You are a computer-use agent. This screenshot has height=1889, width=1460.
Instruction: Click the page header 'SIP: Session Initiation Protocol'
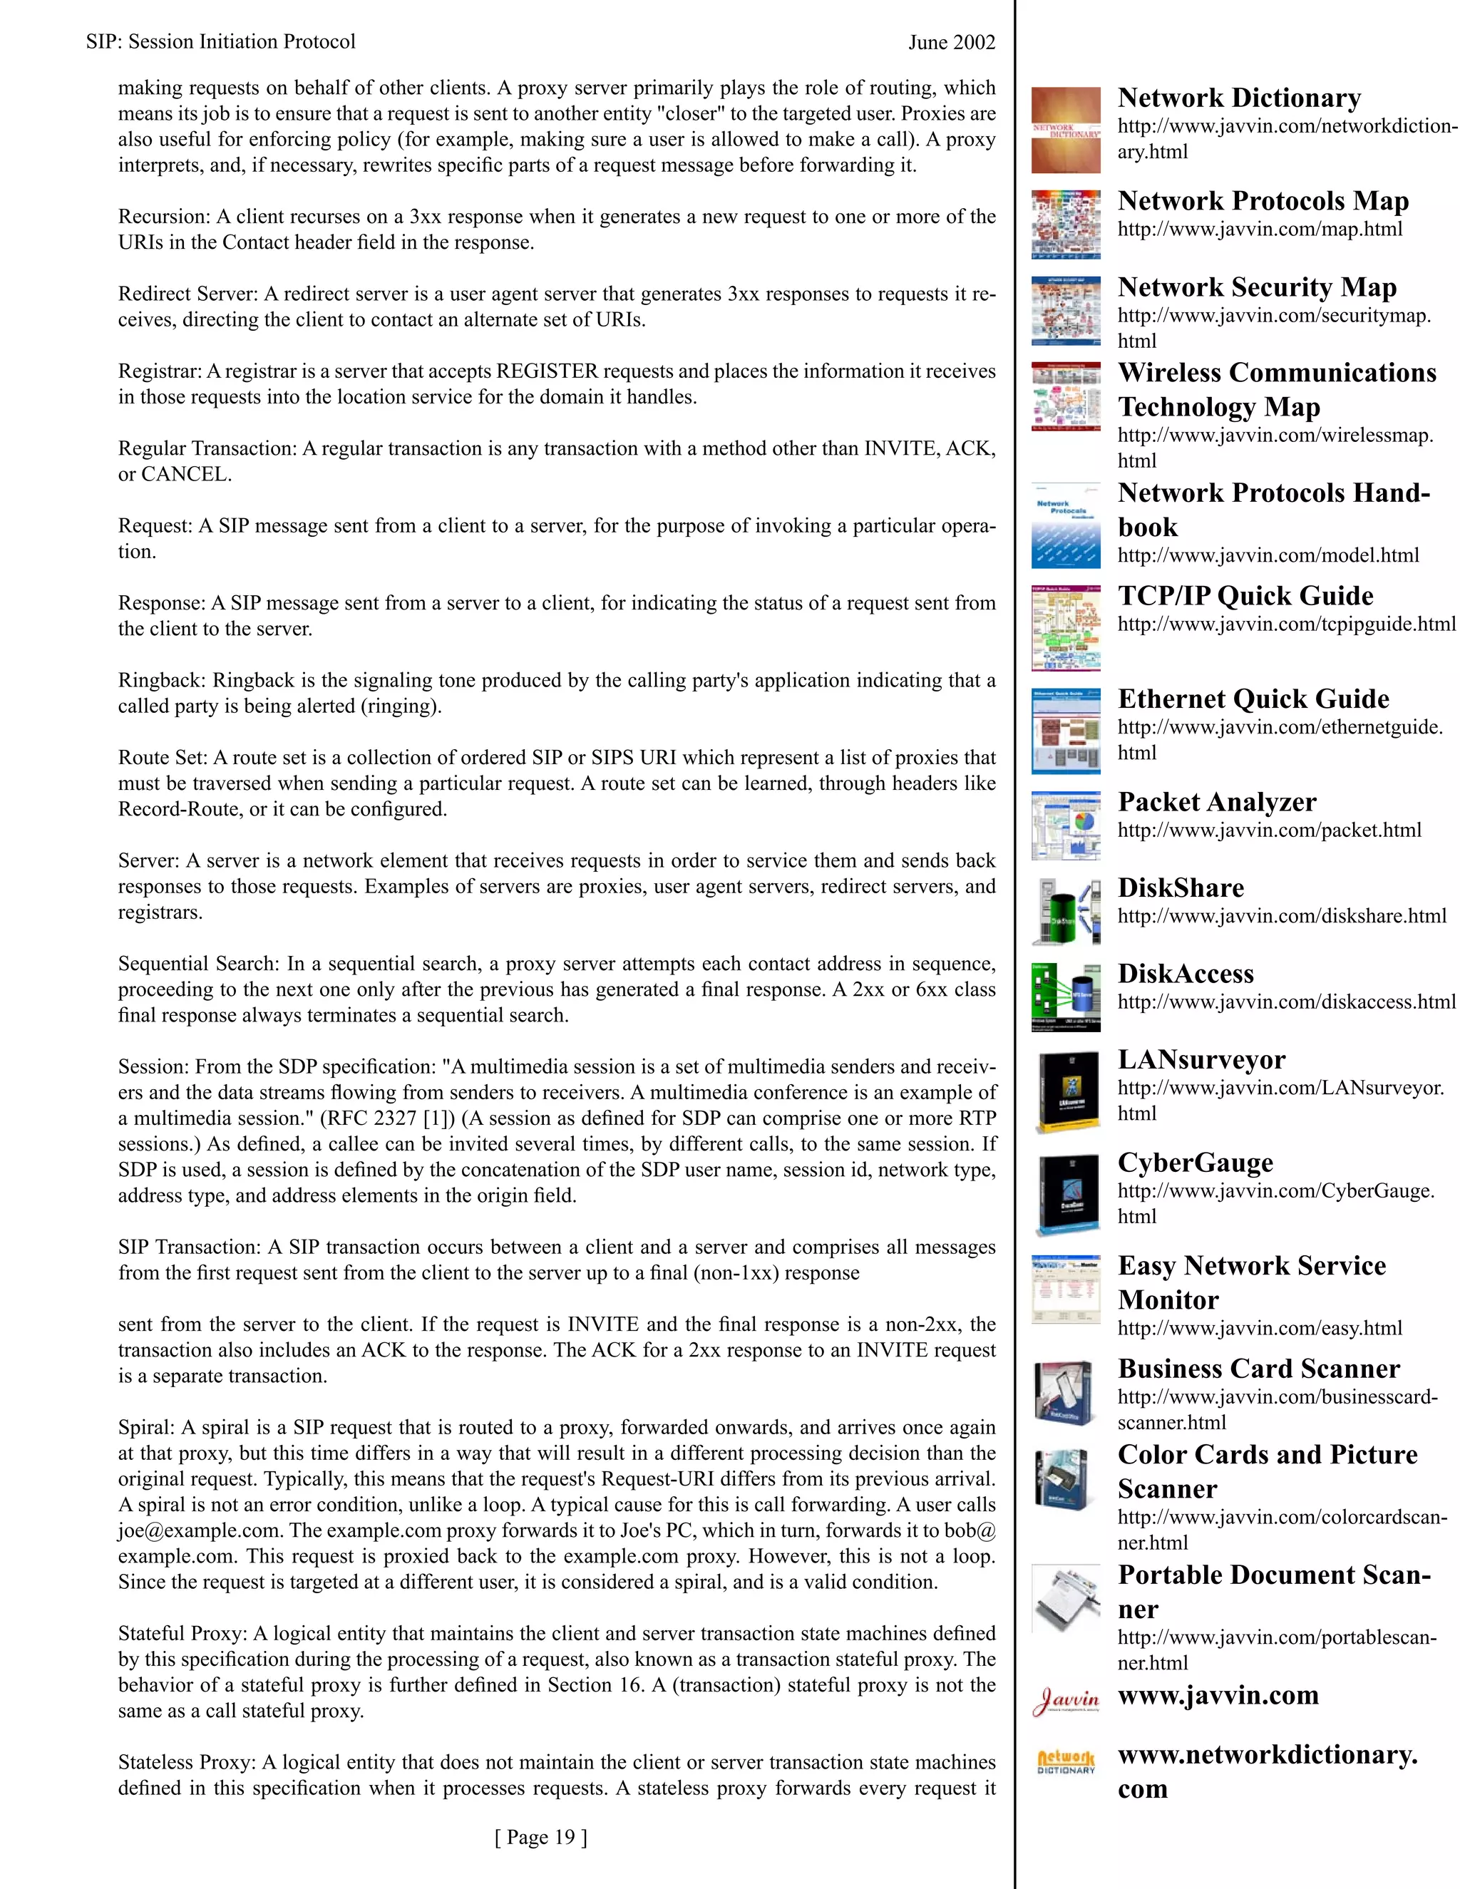pyautogui.click(x=220, y=41)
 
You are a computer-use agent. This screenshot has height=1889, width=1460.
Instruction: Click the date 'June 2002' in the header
pyautogui.click(x=952, y=42)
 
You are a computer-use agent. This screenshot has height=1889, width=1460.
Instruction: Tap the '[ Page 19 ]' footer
pyautogui.click(x=540, y=1837)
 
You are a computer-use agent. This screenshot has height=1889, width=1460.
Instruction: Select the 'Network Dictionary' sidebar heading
pyautogui.click(x=1238, y=98)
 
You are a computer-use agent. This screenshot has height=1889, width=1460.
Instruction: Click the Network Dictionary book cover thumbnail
pyautogui.click(x=1066, y=130)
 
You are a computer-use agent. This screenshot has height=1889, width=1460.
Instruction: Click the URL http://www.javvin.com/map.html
pyautogui.click(x=1260, y=230)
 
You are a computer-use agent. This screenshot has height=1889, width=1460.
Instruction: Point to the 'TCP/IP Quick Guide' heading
pyautogui.click(x=1245, y=595)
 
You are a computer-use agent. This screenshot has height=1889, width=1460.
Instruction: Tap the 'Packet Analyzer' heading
pyautogui.click(x=1216, y=802)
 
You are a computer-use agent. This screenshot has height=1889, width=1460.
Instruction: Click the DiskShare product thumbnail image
pyautogui.click(x=1066, y=912)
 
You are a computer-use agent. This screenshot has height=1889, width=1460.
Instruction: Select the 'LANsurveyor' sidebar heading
pyautogui.click(x=1201, y=1059)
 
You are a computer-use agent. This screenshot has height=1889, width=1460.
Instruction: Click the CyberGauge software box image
pyautogui.click(x=1066, y=1193)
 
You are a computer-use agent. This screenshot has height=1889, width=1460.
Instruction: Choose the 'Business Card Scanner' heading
pyautogui.click(x=1258, y=1369)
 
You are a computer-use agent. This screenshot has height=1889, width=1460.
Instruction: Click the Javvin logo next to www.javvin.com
pyautogui.click(x=1066, y=1699)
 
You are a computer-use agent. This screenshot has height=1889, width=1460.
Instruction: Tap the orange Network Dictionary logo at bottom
pyautogui.click(x=1066, y=1763)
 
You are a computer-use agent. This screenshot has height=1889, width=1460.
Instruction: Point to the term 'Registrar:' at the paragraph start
pyautogui.click(x=160, y=372)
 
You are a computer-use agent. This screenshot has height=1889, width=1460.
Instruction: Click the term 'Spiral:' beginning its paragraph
pyautogui.click(x=146, y=1428)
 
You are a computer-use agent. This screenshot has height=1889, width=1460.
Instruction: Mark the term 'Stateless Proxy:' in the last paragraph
pyautogui.click(x=187, y=1763)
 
